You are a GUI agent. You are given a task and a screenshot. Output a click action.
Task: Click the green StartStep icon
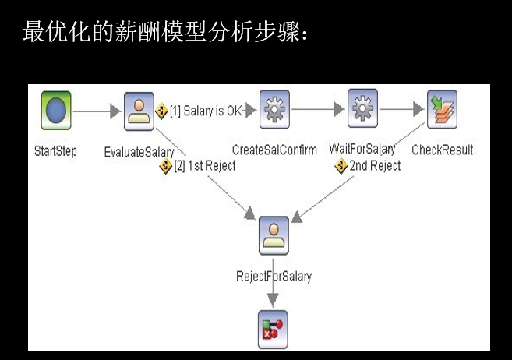[x=56, y=111]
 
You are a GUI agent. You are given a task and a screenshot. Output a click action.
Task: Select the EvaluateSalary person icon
[x=139, y=111]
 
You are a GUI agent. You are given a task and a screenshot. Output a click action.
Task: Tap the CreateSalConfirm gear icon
[x=274, y=110]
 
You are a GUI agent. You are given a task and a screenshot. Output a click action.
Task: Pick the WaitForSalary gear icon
[x=362, y=109]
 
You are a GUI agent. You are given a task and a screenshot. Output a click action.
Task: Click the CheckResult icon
[x=442, y=110]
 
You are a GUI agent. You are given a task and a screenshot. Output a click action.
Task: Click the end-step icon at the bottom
[x=273, y=328]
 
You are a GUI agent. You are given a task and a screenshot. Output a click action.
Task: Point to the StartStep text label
[x=56, y=150]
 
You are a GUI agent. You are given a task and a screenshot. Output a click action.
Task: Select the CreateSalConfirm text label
[x=274, y=150]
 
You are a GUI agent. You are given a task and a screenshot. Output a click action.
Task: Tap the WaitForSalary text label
[x=362, y=148]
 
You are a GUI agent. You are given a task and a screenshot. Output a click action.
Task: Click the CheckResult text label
[x=442, y=150]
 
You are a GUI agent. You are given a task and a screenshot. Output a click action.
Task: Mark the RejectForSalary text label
[x=274, y=276]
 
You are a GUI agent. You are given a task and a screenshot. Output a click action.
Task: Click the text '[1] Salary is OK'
[x=206, y=111]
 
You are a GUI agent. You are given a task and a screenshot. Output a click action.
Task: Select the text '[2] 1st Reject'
[x=205, y=165]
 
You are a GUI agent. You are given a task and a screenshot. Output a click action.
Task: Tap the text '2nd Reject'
[x=375, y=165]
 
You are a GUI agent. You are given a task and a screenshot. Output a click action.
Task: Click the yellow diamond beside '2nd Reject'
[x=341, y=165]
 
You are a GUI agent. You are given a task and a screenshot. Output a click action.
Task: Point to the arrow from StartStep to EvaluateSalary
[x=97, y=111]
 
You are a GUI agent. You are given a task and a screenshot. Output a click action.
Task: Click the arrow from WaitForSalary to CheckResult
[x=402, y=110]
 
